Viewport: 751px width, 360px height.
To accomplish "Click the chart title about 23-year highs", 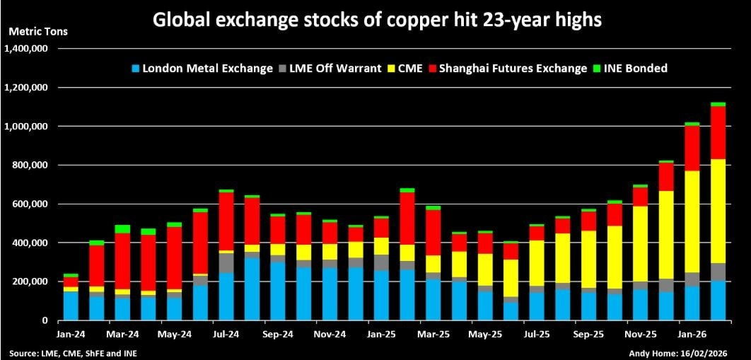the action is click(376, 20).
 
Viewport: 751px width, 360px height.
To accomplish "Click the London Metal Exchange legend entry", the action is click(202, 69).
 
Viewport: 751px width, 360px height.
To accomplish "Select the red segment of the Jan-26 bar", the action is click(692, 149).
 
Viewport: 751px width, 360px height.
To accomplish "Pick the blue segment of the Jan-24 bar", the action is click(71, 306).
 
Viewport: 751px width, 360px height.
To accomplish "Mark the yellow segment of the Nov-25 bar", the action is click(641, 244).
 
